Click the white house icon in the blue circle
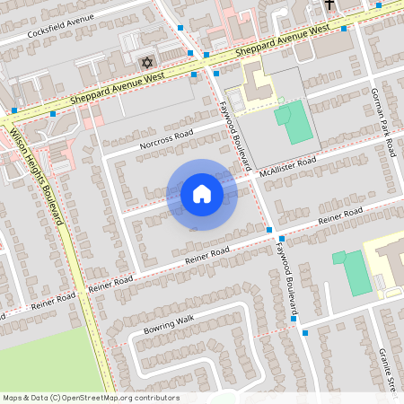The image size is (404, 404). coord(202,194)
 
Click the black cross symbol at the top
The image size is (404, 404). coord(329,5)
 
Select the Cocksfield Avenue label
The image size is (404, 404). coord(61,29)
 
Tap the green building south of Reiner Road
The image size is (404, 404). coord(353,271)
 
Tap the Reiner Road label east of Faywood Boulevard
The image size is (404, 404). coord(340,216)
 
